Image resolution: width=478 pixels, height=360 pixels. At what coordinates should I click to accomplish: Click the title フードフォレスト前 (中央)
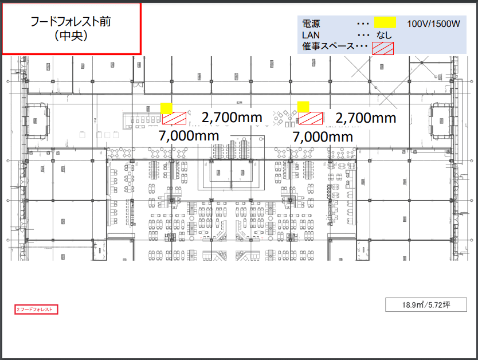point(71,29)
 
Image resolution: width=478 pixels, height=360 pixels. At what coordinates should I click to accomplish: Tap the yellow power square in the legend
point(385,24)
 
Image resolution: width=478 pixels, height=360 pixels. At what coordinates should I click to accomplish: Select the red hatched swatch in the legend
point(383,48)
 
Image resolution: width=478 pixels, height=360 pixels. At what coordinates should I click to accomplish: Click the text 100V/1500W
point(434,24)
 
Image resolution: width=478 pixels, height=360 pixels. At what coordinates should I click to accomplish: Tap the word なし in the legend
point(384,36)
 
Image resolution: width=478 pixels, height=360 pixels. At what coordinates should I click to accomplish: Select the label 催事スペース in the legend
point(328,46)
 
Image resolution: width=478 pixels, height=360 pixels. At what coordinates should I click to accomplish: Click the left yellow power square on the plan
point(167,107)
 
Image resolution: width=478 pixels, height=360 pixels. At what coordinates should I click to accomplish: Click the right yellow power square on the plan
point(303,107)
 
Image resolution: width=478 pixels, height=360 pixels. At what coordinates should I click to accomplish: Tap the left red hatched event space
point(174,118)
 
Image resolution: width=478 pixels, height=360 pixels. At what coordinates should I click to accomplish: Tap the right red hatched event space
point(311,118)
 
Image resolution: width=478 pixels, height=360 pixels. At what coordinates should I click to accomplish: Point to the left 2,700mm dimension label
point(232,118)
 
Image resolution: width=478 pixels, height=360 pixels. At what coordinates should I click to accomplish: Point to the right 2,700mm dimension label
point(366,118)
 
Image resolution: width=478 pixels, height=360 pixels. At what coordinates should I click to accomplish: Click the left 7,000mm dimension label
point(189,136)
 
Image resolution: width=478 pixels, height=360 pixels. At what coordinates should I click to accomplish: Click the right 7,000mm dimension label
point(323,137)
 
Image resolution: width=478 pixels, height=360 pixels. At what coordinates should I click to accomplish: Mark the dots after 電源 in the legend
point(362,25)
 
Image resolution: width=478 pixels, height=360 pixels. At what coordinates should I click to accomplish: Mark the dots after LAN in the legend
point(362,35)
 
